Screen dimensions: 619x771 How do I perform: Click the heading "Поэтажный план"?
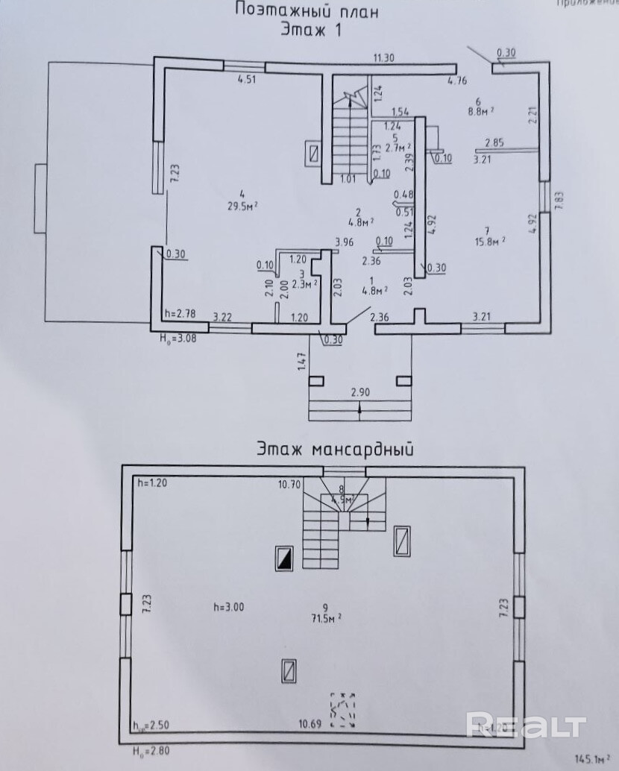[x=307, y=10]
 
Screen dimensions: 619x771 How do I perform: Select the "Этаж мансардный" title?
[x=336, y=449]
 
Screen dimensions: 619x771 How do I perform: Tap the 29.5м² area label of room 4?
[x=242, y=204]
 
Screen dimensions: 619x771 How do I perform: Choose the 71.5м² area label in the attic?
[x=326, y=618]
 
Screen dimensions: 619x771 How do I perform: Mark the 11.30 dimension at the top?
[x=383, y=57]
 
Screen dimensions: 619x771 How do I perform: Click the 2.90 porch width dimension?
[x=360, y=391]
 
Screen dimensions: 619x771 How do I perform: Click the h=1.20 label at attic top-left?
[x=153, y=483]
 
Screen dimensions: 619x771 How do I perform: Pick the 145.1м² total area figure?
[x=589, y=760]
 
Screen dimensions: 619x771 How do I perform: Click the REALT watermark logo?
[x=526, y=725]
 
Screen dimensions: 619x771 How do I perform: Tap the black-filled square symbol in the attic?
[x=284, y=558]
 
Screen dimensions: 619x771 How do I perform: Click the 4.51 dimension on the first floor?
[x=246, y=81]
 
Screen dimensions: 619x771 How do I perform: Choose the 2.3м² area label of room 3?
[x=301, y=283]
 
